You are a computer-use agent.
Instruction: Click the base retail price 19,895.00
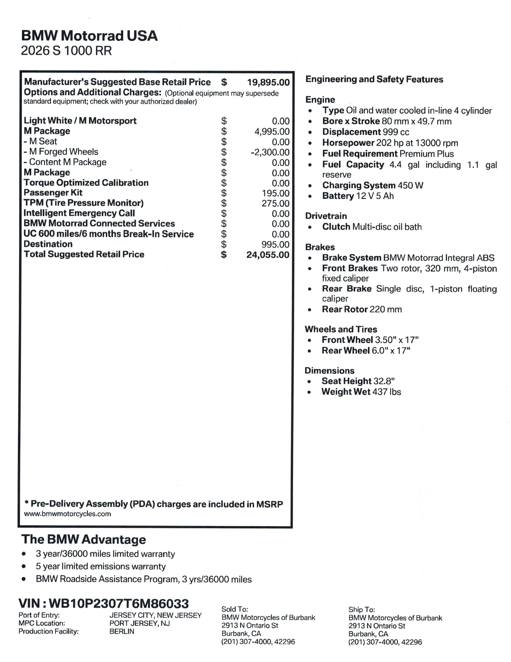pyautogui.click(x=268, y=82)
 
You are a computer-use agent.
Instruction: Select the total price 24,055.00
pyautogui.click(x=268, y=255)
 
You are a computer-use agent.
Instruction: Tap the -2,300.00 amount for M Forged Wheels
pyautogui.click(x=270, y=152)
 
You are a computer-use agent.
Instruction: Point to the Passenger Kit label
pyautogui.click(x=53, y=193)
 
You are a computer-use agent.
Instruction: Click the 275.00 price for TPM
pyautogui.click(x=275, y=203)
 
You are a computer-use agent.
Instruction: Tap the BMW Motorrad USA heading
pyautogui.click(x=89, y=36)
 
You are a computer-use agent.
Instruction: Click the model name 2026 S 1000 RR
pyautogui.click(x=66, y=51)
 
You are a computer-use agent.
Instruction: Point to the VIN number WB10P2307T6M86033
pyautogui.click(x=119, y=603)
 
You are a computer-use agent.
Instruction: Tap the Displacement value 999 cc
pyautogui.click(x=396, y=132)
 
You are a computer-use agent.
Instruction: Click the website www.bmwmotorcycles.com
pyautogui.click(x=67, y=514)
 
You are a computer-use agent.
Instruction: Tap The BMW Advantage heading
pyautogui.click(x=83, y=540)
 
